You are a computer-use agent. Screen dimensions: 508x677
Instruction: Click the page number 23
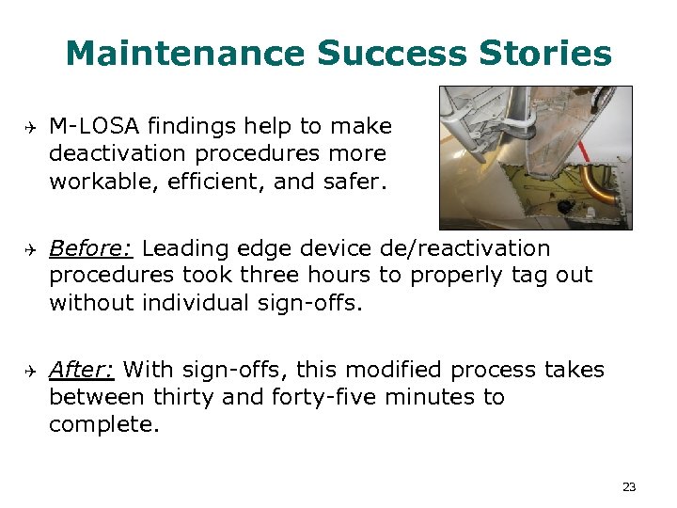click(629, 486)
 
